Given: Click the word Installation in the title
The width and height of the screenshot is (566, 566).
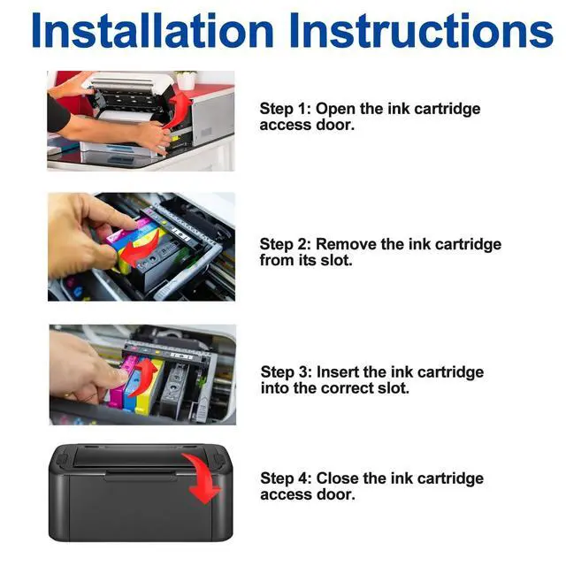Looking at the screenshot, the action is (152, 30).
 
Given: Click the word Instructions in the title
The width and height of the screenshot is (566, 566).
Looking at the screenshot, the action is (421, 30).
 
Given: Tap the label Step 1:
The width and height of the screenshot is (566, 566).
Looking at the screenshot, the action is (285, 109).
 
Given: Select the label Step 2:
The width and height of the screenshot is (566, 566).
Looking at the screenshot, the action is (285, 244).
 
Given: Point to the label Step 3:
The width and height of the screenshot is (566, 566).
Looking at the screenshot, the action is (286, 372).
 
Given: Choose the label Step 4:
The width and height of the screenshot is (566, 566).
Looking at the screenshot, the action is (286, 478).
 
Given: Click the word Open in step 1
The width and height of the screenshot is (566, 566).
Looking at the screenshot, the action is (335, 110).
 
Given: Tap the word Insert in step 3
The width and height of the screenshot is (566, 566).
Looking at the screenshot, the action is (338, 372).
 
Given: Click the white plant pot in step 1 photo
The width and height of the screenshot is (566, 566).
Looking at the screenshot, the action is (187, 82).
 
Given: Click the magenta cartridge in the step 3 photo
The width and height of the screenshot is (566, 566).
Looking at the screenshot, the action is (121, 383).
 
